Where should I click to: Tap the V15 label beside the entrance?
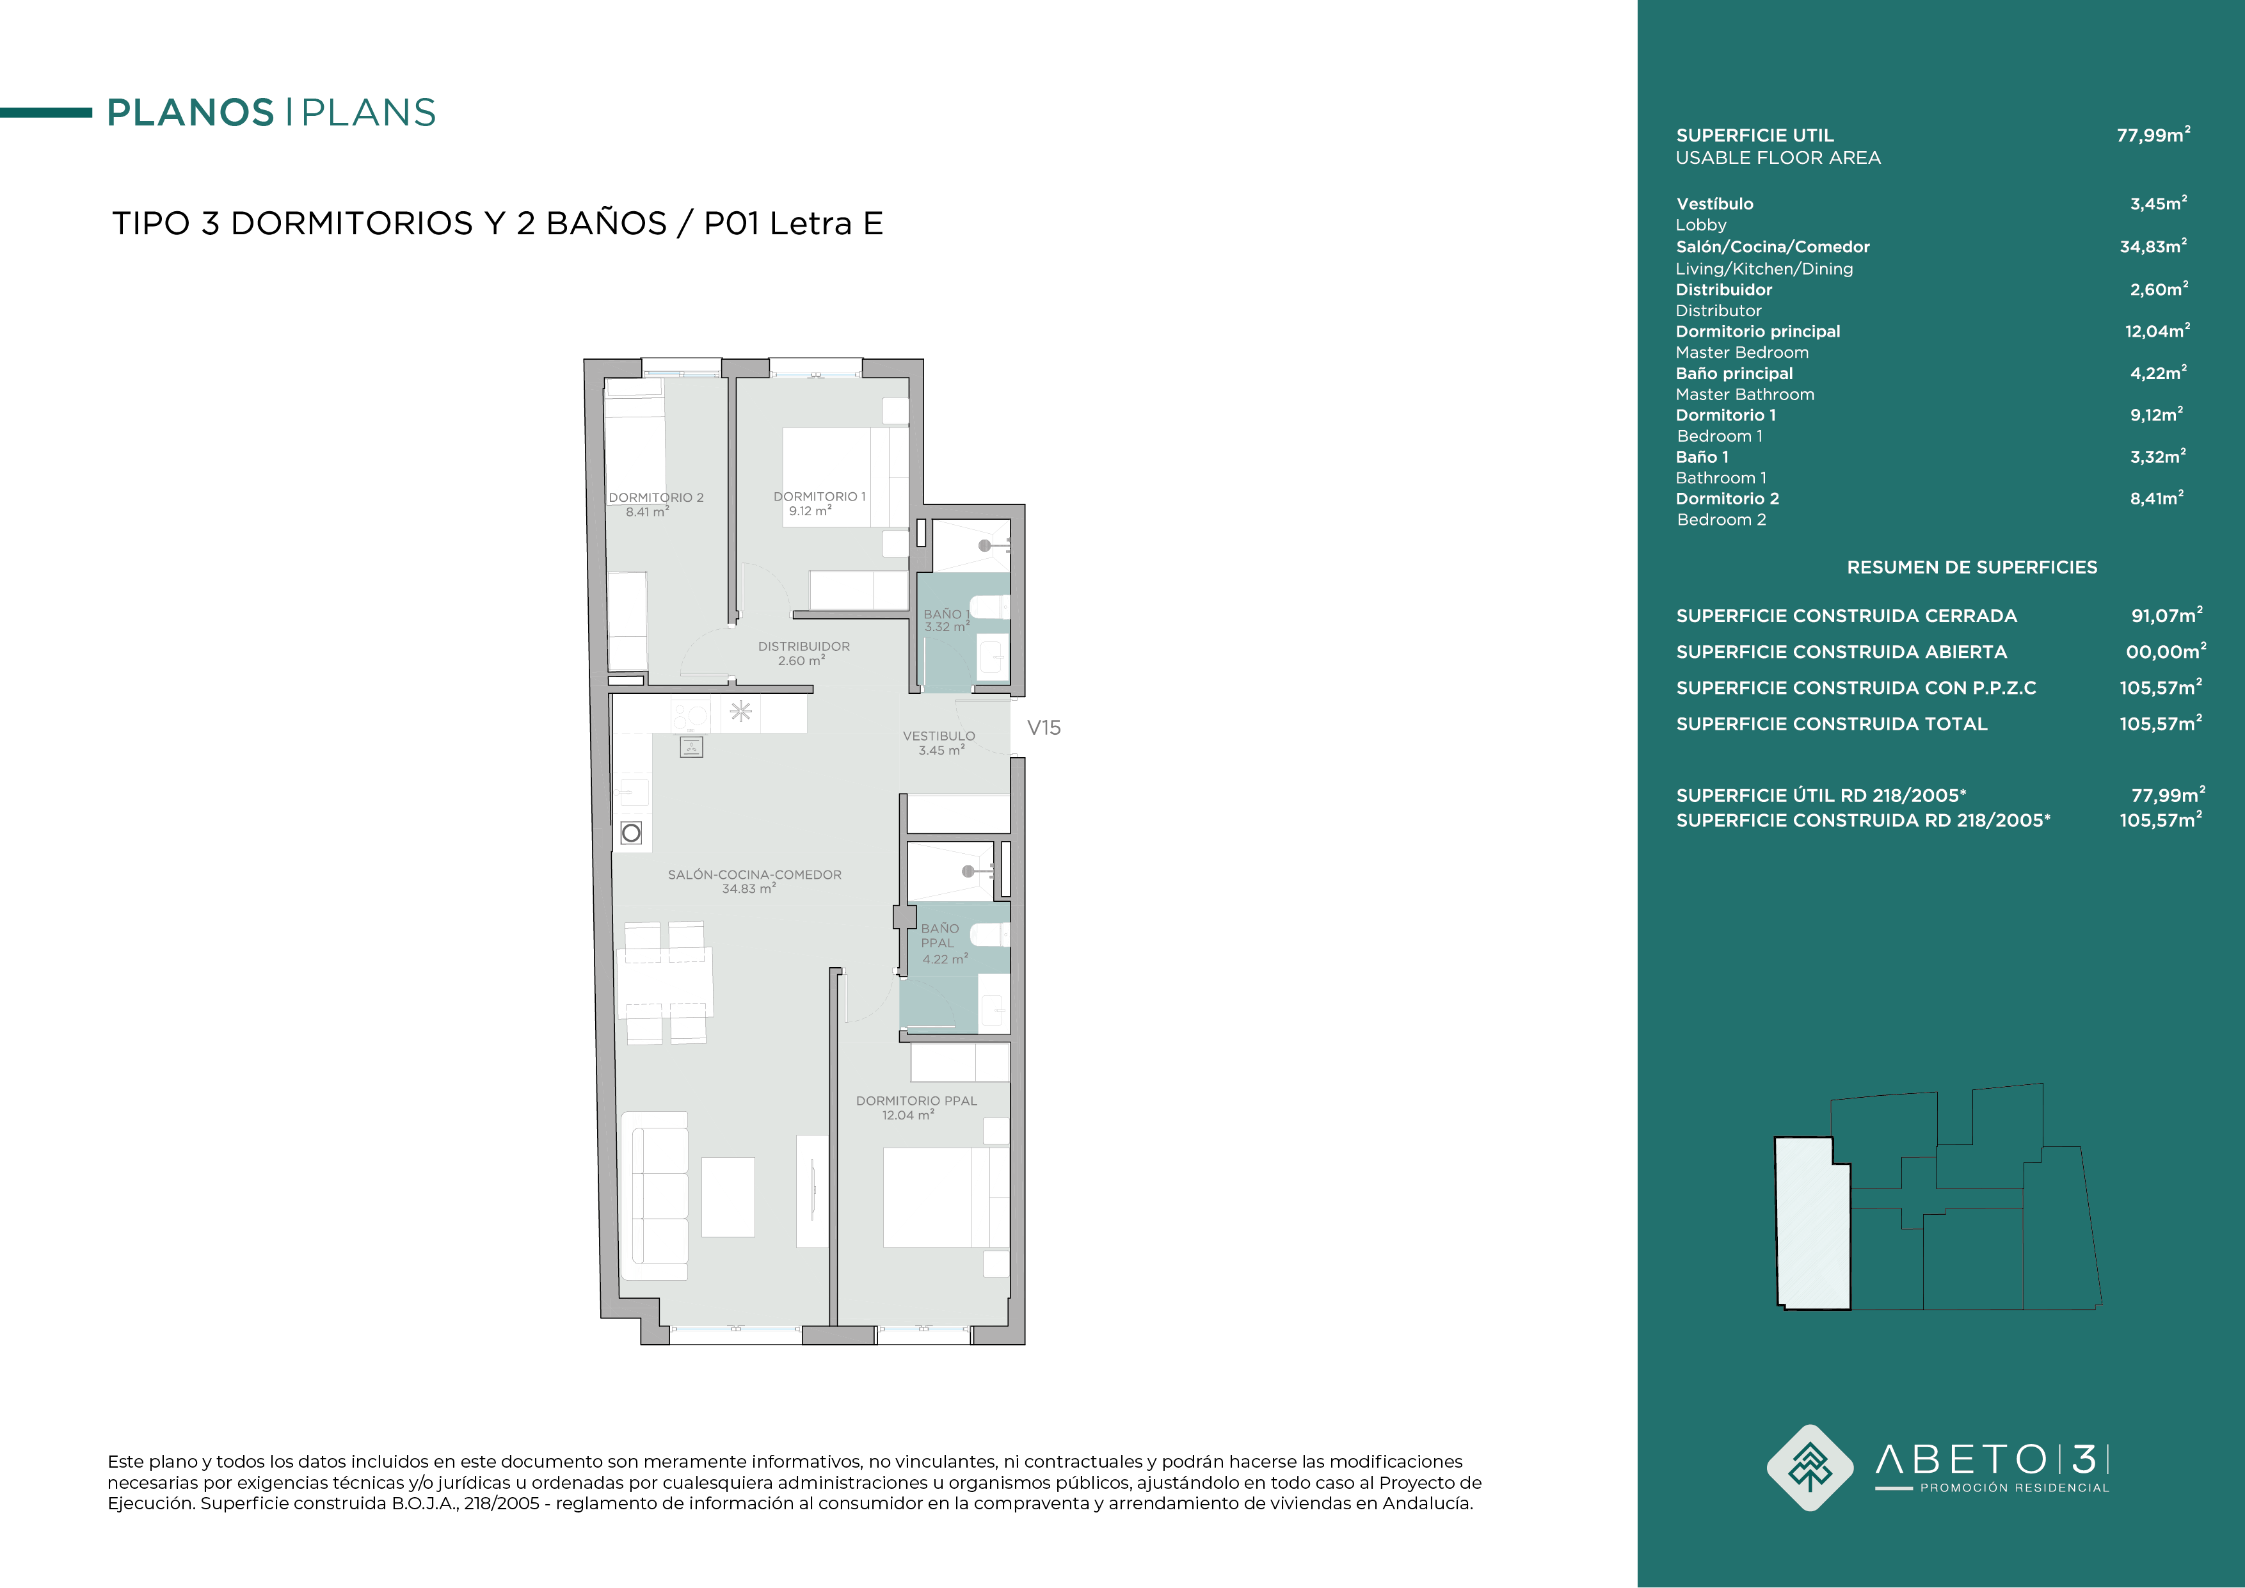pyautogui.click(x=1043, y=728)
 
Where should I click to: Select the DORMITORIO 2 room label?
pyautogui.click(x=656, y=498)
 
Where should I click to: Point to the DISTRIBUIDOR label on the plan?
pyautogui.click(x=804, y=646)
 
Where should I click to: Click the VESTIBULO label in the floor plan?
pyautogui.click(x=939, y=736)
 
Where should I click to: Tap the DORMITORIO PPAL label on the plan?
pyautogui.click(x=916, y=1101)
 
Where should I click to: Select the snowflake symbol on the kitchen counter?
pyautogui.click(x=740, y=711)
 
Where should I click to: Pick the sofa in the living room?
pyautogui.click(x=656, y=1196)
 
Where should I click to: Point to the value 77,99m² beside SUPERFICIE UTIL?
pyautogui.click(x=2153, y=135)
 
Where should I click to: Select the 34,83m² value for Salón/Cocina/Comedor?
pyautogui.click(x=2153, y=246)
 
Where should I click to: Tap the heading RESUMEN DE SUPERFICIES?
pyautogui.click(x=1971, y=567)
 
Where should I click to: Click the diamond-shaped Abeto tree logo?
pyautogui.click(x=1810, y=1468)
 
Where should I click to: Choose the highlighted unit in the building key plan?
pyautogui.click(x=1812, y=1223)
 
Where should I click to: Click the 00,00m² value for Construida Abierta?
pyautogui.click(x=2166, y=651)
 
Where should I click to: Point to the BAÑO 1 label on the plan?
pyautogui.click(x=945, y=614)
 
